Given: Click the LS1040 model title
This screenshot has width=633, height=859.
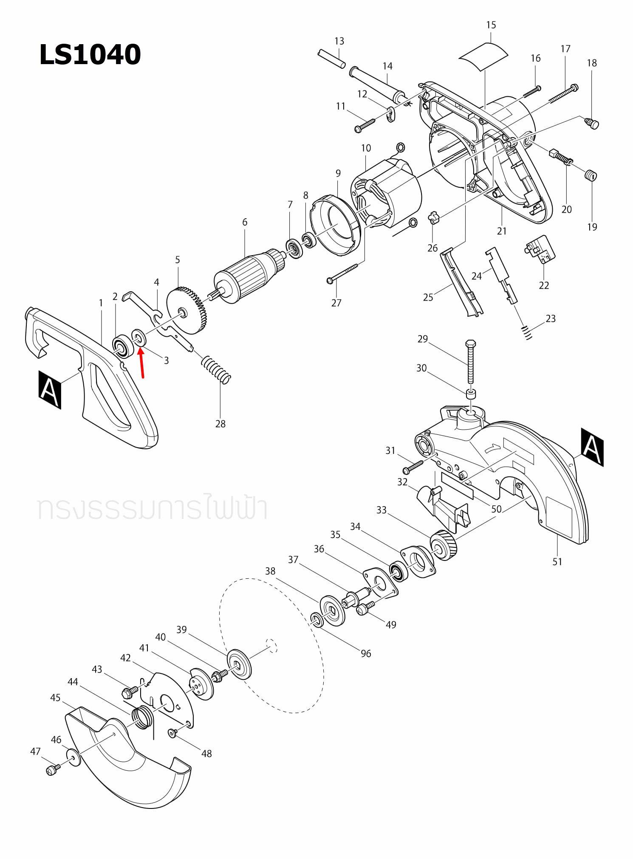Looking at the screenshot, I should [90, 55].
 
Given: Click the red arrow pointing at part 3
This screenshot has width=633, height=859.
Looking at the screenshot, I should [142, 363].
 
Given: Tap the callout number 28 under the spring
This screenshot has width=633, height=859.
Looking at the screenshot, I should [220, 424].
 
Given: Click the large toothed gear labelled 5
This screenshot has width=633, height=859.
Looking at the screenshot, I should [187, 310].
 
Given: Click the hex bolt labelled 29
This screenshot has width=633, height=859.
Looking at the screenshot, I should [471, 361].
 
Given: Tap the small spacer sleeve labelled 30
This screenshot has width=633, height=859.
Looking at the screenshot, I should [471, 394].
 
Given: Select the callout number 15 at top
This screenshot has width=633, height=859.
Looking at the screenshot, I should [491, 25].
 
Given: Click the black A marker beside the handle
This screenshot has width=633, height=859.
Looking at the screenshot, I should [50, 390].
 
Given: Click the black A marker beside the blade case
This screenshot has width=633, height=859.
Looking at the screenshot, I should [592, 447].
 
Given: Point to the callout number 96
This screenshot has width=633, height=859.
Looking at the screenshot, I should [366, 653].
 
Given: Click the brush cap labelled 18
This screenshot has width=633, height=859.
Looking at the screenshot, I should [592, 124].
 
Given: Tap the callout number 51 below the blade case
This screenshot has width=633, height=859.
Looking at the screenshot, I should [557, 562].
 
